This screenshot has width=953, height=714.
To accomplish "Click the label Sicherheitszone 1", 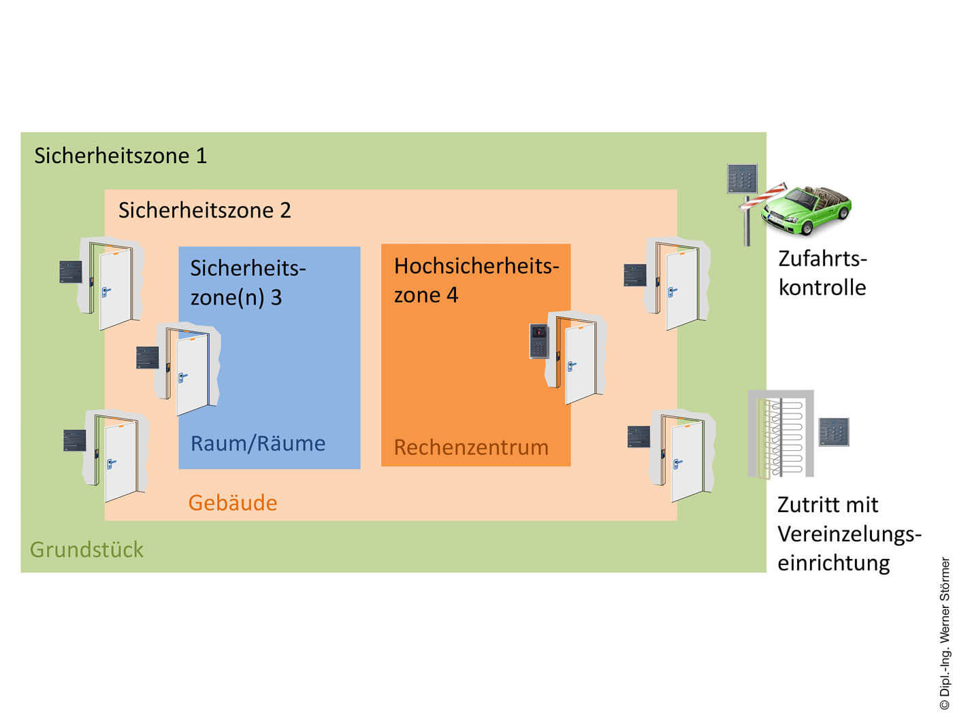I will pyautogui.click(x=120, y=156).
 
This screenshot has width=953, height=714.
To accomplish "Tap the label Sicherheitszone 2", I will pyautogui.click(x=204, y=210).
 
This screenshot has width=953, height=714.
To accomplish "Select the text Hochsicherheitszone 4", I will pyautogui.click(x=476, y=280).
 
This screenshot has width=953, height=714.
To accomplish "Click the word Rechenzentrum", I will pyautogui.click(x=471, y=447).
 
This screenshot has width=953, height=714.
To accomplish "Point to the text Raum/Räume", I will pyautogui.click(x=258, y=443).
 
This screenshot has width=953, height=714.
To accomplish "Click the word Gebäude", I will pyautogui.click(x=233, y=503).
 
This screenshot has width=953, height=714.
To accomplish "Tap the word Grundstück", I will pyautogui.click(x=86, y=549).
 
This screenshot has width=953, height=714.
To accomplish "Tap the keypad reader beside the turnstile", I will pyautogui.click(x=833, y=432).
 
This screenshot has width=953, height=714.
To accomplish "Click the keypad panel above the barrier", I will pyautogui.click(x=742, y=179).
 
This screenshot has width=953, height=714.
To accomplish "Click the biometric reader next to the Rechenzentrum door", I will pyautogui.click(x=539, y=341).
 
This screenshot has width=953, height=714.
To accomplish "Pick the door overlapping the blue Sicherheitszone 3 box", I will pyautogui.click(x=191, y=371).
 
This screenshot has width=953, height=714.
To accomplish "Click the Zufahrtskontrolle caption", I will pyautogui.click(x=822, y=273).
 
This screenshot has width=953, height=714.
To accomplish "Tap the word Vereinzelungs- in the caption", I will pyautogui.click(x=849, y=534).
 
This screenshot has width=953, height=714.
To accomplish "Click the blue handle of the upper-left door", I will pyautogui.click(x=106, y=292).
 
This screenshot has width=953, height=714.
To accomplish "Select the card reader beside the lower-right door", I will pyautogui.click(x=639, y=437).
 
